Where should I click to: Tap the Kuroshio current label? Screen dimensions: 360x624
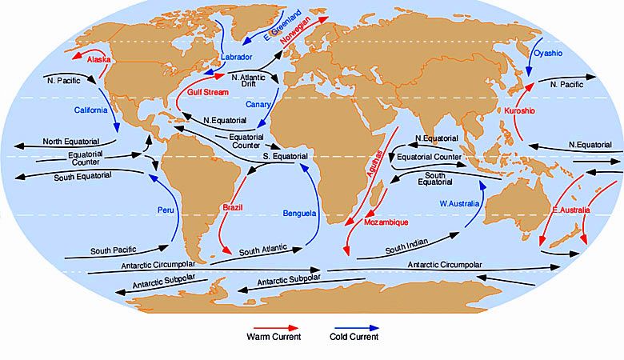point(519,110)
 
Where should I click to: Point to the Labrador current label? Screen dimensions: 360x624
point(236,58)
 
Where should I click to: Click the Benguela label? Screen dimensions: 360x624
point(300,214)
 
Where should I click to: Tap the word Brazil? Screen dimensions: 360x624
point(232,207)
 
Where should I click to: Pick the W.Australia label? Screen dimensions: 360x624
point(458,203)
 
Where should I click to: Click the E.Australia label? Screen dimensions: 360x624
point(571,210)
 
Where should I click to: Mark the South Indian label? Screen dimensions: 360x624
point(404,249)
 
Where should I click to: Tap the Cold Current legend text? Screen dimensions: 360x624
point(354,338)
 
